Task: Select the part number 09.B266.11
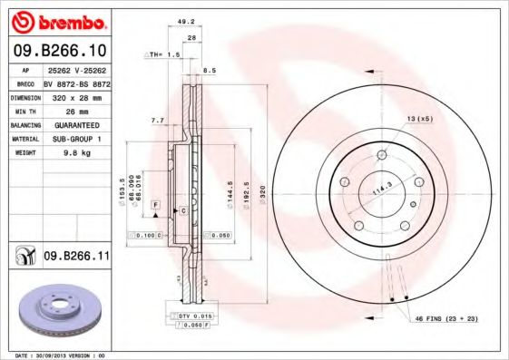[x=76, y=257]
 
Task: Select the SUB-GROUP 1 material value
[x=75, y=139]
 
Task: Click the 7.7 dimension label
[x=156, y=120]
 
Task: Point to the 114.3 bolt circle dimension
[x=383, y=189]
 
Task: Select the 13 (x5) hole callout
[x=419, y=120]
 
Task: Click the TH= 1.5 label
[x=165, y=55]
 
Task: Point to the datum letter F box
[x=156, y=207]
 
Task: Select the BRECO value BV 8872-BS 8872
[x=77, y=81]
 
